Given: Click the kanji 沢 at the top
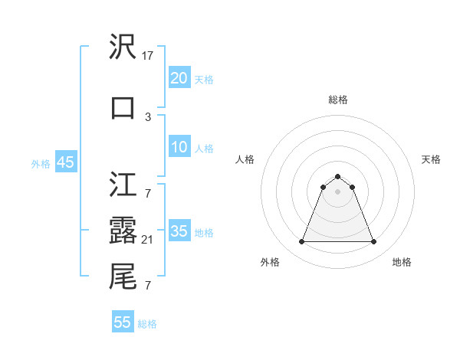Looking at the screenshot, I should [123, 47].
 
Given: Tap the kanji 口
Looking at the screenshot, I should [123, 107].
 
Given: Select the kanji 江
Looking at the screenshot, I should [123, 185].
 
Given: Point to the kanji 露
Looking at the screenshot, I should [123, 230].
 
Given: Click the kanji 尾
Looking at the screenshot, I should [123, 276].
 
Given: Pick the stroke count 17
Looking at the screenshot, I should [148, 56].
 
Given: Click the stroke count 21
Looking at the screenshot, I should [148, 241].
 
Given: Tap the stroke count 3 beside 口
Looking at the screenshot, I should [148, 116].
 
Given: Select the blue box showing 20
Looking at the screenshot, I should [179, 78].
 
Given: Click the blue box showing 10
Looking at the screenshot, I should [179, 147].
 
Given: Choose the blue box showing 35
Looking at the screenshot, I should [179, 231].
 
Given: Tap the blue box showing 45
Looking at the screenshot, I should [65, 162].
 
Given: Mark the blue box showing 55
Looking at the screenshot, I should [123, 322].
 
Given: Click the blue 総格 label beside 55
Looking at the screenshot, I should [147, 324].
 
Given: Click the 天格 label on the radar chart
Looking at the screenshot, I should [431, 159].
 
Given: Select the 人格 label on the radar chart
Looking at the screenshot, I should [245, 159].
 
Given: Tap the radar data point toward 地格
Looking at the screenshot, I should [374, 242].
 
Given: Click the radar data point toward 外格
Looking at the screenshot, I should [301, 242].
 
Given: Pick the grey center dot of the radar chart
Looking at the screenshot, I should [337, 191].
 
